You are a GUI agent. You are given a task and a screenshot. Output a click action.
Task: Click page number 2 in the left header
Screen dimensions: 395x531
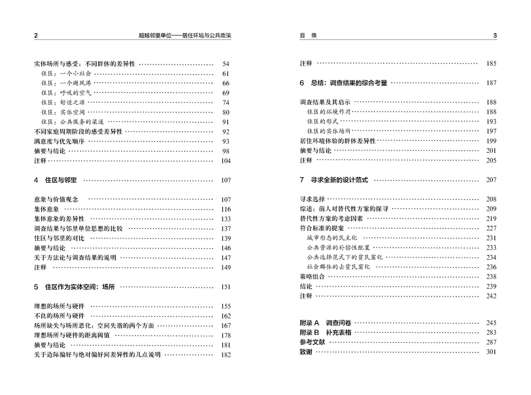tap(36, 36)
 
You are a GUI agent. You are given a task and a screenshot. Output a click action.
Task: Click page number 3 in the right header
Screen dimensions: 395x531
tap(495, 36)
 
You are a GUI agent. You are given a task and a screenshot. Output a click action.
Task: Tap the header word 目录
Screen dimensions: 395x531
tap(308, 36)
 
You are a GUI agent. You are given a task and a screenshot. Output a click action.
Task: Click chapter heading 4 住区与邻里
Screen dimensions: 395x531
tap(56, 180)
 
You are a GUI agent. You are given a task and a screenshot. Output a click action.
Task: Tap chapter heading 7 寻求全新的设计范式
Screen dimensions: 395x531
tap(334, 180)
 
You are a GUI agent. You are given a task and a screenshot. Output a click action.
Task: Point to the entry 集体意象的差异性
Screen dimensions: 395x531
tap(59, 219)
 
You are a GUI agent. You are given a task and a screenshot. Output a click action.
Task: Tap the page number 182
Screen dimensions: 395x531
tap(226, 355)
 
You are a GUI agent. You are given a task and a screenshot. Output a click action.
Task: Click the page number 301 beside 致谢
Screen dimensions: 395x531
tap(491, 352)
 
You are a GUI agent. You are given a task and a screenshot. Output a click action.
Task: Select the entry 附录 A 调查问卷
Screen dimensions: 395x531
tap(326, 323)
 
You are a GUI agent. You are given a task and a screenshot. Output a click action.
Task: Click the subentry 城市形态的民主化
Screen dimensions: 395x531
tap(332, 238)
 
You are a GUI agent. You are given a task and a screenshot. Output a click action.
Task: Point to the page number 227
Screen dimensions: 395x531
tap(491, 229)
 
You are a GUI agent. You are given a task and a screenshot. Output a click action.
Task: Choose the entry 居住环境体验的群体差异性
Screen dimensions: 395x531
tap(338, 141)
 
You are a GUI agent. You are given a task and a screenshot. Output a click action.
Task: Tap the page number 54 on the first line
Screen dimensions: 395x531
tap(226, 64)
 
